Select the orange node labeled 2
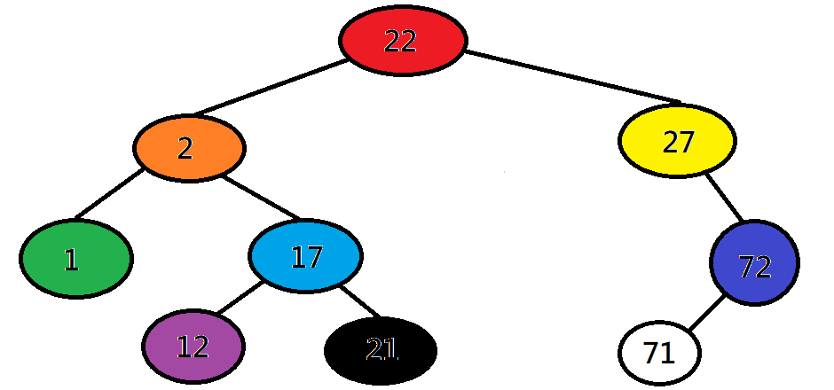click(x=189, y=148)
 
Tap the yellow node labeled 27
click(x=677, y=142)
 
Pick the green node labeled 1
click(x=76, y=258)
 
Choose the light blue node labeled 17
click(x=305, y=257)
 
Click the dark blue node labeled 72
click(x=754, y=262)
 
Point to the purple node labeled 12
click(x=193, y=346)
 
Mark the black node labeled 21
click(x=381, y=350)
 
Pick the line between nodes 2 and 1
click(x=108, y=193)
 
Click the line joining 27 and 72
click(x=725, y=197)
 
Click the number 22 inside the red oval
click(x=400, y=41)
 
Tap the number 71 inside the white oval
click(x=659, y=354)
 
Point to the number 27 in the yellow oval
click(x=677, y=142)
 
